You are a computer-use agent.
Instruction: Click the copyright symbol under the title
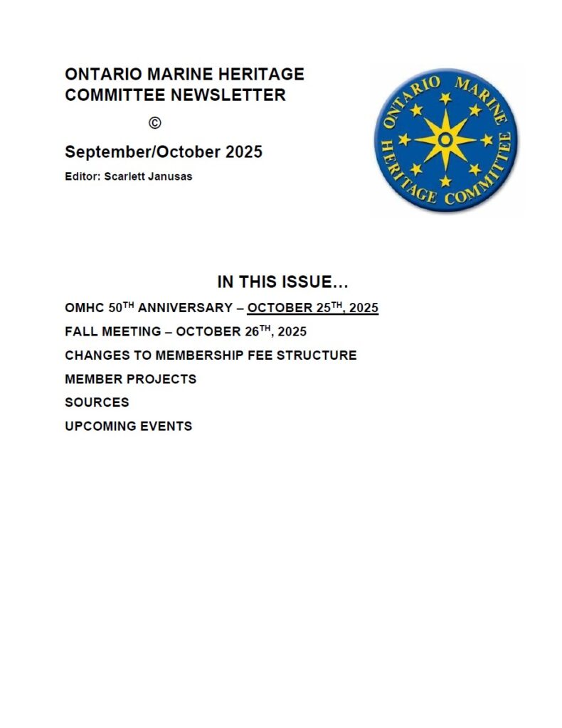click(155, 123)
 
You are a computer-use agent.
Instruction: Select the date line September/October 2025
click(164, 151)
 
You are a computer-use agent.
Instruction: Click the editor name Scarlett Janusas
click(149, 176)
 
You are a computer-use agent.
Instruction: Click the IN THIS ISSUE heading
click(283, 282)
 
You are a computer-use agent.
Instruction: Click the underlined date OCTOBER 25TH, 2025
click(312, 309)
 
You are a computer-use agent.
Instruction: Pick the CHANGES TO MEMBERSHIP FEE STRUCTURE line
click(211, 355)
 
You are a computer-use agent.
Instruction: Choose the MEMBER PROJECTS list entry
click(130, 379)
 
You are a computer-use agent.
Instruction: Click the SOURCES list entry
click(97, 402)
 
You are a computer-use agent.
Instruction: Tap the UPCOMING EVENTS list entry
click(128, 427)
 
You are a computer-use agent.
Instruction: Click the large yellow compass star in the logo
click(445, 139)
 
